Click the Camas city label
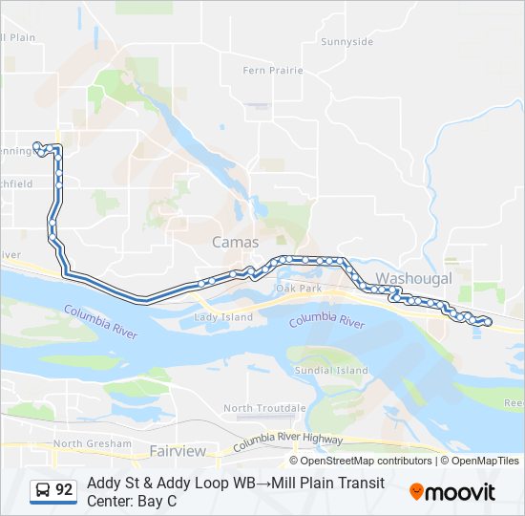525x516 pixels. pyautogui.click(x=235, y=243)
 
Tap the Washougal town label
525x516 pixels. pyautogui.click(x=413, y=278)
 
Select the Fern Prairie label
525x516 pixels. pyautogui.click(x=272, y=71)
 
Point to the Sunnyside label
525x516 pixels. pyautogui.click(x=346, y=42)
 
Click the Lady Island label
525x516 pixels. pyautogui.click(x=223, y=317)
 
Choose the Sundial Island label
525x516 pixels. pyautogui.click(x=331, y=370)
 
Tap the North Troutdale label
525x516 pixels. pyautogui.click(x=264, y=408)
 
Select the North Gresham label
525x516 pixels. pyautogui.click(x=92, y=443)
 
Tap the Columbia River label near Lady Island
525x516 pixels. pyautogui.click(x=101, y=320)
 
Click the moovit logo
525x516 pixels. pyautogui.click(x=452, y=492)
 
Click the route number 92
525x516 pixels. pyautogui.click(x=64, y=490)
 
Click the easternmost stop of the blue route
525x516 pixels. pyautogui.click(x=488, y=322)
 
